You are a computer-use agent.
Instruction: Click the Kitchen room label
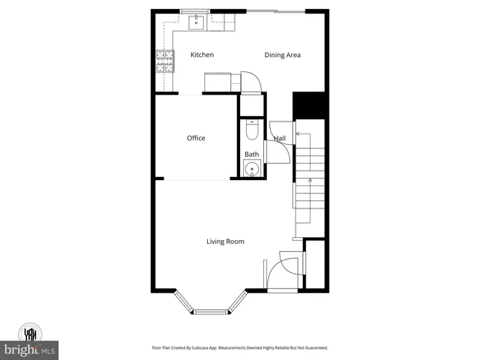tap(202, 55)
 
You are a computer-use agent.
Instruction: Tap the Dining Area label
tap(283, 55)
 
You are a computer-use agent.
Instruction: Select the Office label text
tap(196, 138)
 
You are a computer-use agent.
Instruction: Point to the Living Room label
tap(226, 241)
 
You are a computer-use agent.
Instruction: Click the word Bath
tap(251, 154)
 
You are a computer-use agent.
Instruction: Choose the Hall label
tap(279, 139)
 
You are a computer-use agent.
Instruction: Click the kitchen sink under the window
tap(196, 22)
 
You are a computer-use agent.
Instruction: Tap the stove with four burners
tap(163, 60)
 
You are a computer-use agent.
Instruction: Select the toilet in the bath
tap(251, 131)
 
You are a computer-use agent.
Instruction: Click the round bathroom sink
tap(251, 169)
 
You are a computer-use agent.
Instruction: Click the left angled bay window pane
tap(184, 301)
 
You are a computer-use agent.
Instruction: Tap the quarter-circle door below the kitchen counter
tap(250, 82)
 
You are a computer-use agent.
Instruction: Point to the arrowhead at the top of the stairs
tap(297, 134)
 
